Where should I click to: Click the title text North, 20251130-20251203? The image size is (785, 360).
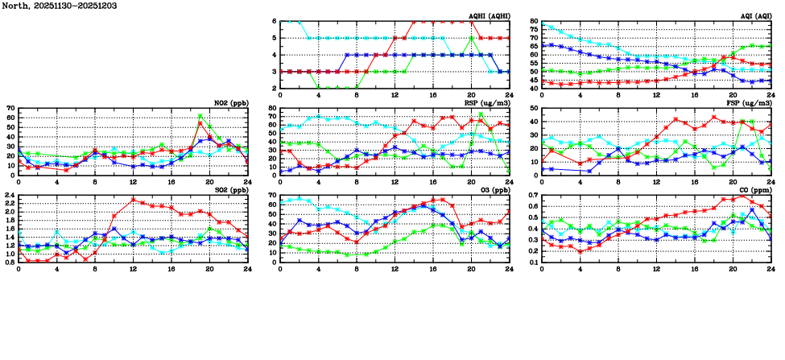[x=55, y=6]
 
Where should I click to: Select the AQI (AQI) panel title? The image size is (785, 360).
[x=753, y=16]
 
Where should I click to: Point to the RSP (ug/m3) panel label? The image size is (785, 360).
[x=487, y=102]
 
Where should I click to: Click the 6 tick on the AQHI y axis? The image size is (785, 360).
[x=275, y=21]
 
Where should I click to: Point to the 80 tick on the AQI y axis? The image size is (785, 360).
[x=534, y=21]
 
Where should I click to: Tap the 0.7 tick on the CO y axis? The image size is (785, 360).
[x=532, y=195]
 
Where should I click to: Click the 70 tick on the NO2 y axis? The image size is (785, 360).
[x=10, y=108]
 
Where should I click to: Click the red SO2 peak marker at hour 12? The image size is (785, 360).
[x=133, y=200]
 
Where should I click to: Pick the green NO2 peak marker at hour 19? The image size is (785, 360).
[x=200, y=116]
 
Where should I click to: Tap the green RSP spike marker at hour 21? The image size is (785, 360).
[x=481, y=114]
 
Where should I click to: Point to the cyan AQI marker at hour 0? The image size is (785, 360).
[x=542, y=23]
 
